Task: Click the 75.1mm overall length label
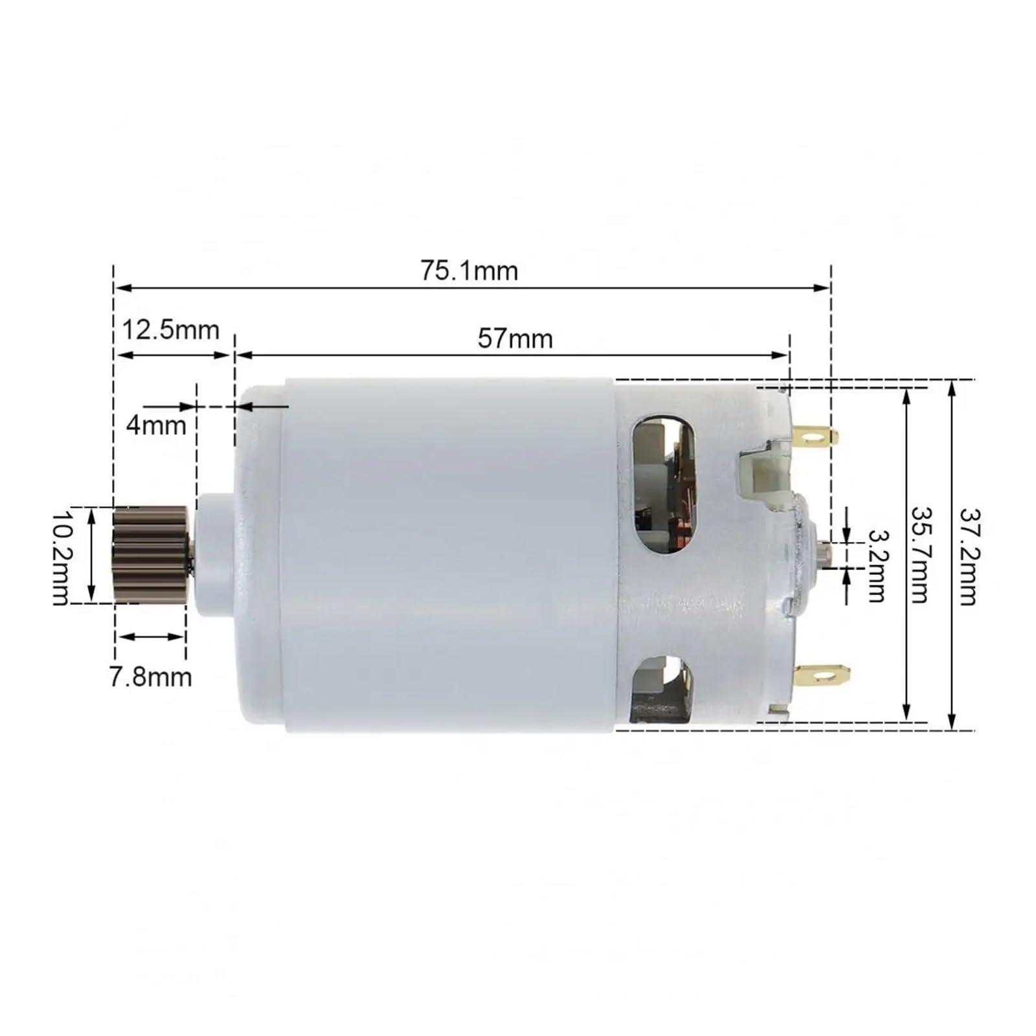(x=469, y=271)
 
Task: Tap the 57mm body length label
(x=515, y=339)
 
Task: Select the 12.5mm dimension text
(x=171, y=330)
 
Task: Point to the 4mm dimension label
(x=156, y=425)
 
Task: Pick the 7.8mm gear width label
(x=150, y=677)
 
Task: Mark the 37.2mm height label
(x=968, y=556)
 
